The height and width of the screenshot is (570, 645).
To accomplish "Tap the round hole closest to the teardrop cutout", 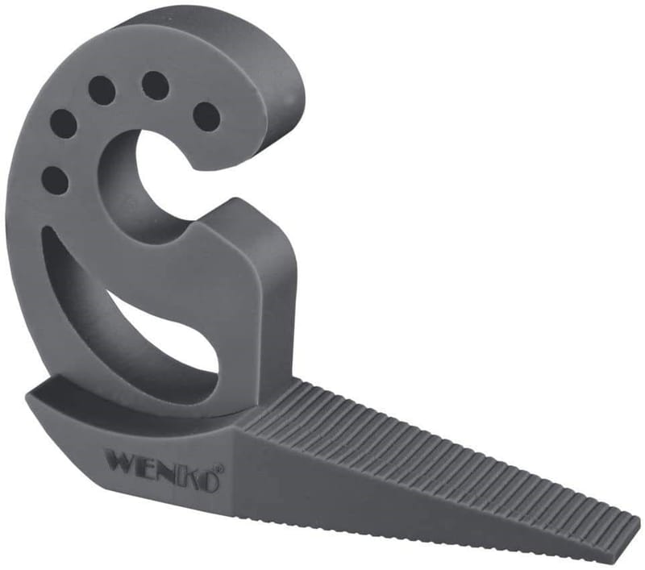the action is tap(55, 180).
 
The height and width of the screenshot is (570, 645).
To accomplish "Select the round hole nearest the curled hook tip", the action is tap(206, 115).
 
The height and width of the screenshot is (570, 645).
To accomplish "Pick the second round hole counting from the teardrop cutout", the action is tap(64, 123).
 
